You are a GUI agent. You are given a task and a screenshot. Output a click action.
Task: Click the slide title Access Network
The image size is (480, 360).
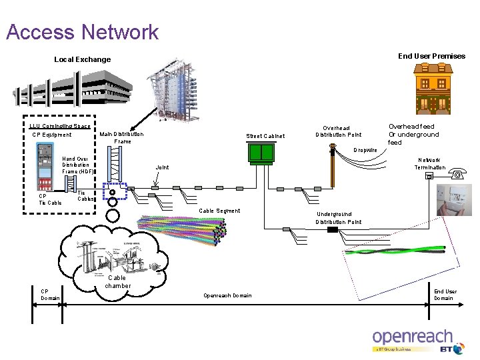coord(82,32)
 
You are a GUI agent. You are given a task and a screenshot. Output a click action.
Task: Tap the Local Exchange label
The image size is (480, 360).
coord(82,59)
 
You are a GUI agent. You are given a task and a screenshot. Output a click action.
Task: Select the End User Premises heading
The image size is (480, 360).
coord(431,56)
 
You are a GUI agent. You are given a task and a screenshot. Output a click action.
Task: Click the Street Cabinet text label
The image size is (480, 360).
coord(265,136)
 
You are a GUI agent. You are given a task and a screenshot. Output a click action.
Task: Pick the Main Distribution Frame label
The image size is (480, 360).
coord(121,138)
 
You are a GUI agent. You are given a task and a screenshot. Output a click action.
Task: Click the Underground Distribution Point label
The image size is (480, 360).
coord(339,218)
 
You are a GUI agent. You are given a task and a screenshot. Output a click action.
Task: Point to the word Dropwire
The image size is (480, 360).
coord(365,151)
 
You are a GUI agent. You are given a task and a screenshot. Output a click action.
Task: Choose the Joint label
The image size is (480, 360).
coord(162,167)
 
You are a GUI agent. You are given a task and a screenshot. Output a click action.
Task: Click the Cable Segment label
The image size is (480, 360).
coord(219,211)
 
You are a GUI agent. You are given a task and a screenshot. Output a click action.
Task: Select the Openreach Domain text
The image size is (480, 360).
coord(227,295)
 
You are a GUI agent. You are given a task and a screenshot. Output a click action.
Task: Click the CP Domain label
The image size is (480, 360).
coord(50,294)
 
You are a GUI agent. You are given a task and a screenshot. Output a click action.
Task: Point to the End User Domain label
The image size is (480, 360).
coord(445,295)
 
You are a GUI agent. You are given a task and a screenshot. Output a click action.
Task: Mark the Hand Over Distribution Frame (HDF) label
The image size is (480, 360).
coord(77,165)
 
